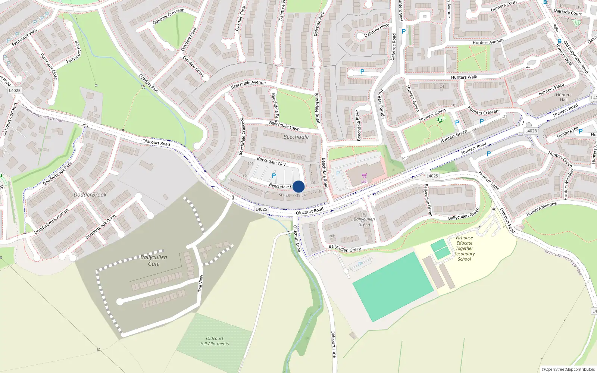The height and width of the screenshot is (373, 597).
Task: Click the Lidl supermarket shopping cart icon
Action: (364, 175)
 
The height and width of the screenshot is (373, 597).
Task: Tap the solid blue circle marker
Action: (298, 186)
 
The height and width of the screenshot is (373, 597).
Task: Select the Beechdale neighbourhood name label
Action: (296, 137)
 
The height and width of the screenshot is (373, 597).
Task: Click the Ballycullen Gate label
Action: (154, 260)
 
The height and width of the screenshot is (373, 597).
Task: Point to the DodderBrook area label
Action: (90, 195)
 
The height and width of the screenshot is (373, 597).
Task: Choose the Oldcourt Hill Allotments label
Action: (215, 341)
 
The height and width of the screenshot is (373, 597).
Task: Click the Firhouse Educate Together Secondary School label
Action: (465, 248)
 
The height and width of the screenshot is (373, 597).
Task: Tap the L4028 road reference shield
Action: (531, 131)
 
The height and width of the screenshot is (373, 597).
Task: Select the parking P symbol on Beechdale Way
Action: (274, 176)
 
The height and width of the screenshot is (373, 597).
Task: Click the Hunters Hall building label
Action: (563, 97)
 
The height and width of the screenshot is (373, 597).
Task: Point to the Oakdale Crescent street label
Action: (168, 17)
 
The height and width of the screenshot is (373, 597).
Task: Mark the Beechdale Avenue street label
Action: (248, 85)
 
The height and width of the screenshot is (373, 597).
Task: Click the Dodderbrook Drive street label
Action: (100, 227)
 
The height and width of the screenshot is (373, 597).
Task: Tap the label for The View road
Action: (201, 283)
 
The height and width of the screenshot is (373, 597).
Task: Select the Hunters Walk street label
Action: (464, 77)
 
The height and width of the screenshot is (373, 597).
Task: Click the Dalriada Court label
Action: (568, 12)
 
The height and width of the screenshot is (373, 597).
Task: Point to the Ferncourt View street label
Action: (24, 38)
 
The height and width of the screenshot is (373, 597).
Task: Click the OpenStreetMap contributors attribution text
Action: (568, 369)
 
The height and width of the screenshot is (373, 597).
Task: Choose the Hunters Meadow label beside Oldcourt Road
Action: (542, 209)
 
